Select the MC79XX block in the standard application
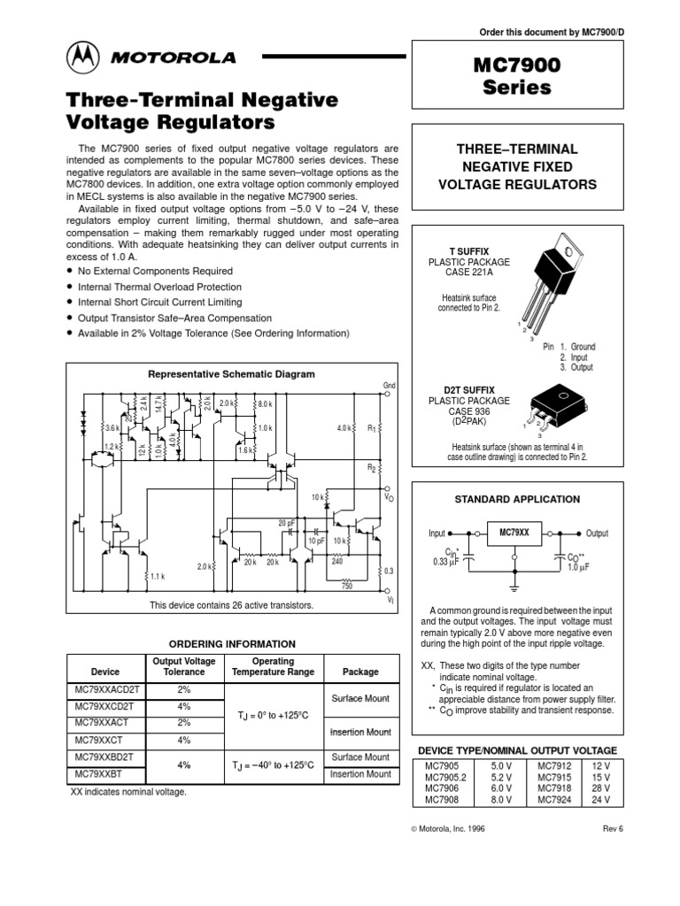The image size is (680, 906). click(x=514, y=534)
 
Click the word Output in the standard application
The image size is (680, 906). click(x=598, y=534)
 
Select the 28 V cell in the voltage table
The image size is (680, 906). click(x=601, y=787)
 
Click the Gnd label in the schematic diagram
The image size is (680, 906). click(x=388, y=385)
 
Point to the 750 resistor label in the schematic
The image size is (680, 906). click(x=347, y=586)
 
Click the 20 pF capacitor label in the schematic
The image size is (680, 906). click(x=286, y=523)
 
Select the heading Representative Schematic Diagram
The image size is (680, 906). click(x=232, y=374)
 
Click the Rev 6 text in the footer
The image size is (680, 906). click(x=614, y=828)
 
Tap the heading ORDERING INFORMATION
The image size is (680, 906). click(x=232, y=644)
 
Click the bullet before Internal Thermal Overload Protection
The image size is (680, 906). click(x=70, y=288)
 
